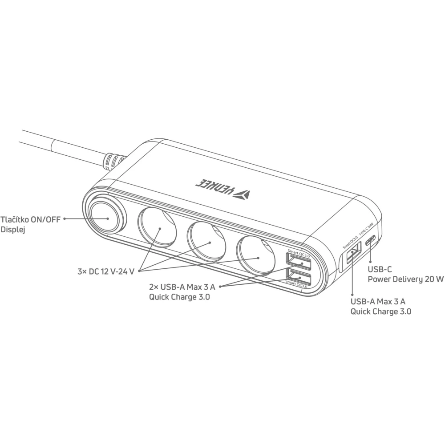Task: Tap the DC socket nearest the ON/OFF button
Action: (157, 227)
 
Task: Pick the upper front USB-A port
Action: (298, 262)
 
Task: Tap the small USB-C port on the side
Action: (370, 241)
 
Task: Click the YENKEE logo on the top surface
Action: (223, 189)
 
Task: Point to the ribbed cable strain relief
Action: (113, 162)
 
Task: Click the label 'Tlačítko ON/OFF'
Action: (30, 220)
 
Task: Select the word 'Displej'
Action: (13, 230)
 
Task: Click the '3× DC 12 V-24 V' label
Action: (106, 271)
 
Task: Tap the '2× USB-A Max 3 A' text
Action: (182, 287)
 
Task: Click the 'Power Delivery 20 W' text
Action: (406, 279)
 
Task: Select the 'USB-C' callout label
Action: (380, 269)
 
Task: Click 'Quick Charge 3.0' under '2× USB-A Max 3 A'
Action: (180, 297)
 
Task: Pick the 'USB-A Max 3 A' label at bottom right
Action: (378, 301)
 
